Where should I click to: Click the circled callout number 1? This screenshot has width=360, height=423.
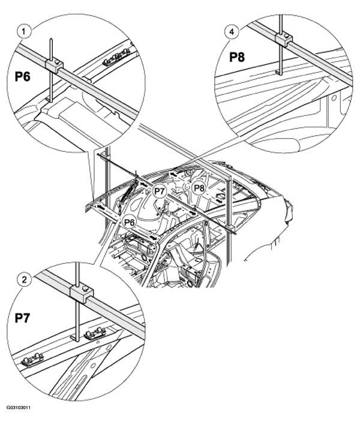pyautogui.click(x=24, y=32)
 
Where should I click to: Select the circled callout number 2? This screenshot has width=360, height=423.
pyautogui.click(x=24, y=279)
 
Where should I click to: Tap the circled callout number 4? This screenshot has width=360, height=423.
pyautogui.click(x=232, y=32)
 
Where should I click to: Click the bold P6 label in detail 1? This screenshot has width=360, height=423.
pyautogui.click(x=22, y=77)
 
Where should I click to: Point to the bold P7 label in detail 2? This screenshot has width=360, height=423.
pyautogui.click(x=22, y=318)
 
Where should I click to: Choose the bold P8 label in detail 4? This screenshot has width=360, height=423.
pyautogui.click(x=237, y=57)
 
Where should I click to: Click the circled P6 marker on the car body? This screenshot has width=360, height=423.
pyautogui.click(x=129, y=222)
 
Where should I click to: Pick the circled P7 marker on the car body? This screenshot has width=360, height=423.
pyautogui.click(x=159, y=191)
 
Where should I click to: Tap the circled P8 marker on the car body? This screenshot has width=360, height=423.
pyautogui.click(x=199, y=188)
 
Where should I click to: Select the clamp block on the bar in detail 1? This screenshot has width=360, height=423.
pyautogui.click(x=54, y=66)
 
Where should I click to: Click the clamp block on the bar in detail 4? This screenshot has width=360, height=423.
pyautogui.click(x=284, y=40)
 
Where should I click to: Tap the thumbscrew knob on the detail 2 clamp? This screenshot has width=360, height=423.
pyautogui.click(x=86, y=289)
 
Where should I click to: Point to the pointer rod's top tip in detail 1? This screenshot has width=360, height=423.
pyautogui.click(x=51, y=40)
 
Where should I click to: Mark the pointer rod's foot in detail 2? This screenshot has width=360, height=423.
pyautogui.click(x=75, y=338)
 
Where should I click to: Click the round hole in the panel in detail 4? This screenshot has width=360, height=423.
pyautogui.click(x=333, y=98)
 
